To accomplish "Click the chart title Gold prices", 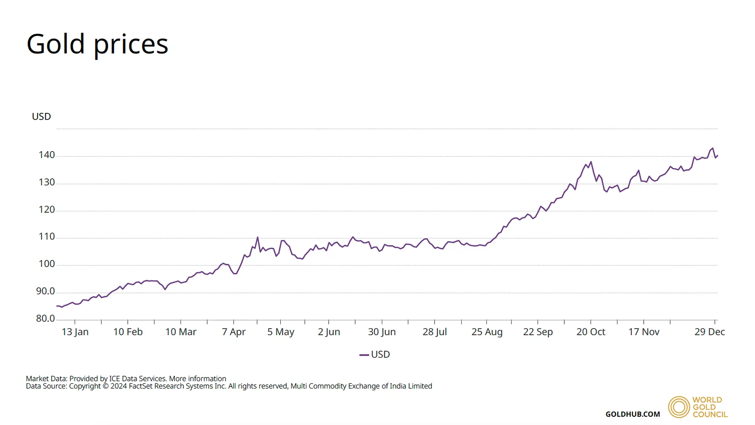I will click(x=97, y=44).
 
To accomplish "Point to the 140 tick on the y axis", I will click(x=46, y=155).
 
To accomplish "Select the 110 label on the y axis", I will click(x=46, y=237).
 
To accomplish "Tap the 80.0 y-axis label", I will click(x=45, y=318).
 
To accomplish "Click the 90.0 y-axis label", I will click(x=45, y=291).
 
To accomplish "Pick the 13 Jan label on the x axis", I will click(x=75, y=332).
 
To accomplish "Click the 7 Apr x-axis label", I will click(x=234, y=332).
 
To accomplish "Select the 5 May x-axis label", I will click(x=281, y=332).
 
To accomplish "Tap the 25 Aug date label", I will click(x=487, y=332).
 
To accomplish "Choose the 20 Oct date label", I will click(x=591, y=332).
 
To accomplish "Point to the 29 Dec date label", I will click(x=709, y=332).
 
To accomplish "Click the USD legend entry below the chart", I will click(x=375, y=355).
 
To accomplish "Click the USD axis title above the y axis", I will click(x=41, y=116).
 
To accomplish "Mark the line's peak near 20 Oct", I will click(x=591, y=162).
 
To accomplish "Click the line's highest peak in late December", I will click(x=713, y=148).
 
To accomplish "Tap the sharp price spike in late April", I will click(x=258, y=237).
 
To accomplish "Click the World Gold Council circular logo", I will click(x=679, y=407).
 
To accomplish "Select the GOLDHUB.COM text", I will click(x=633, y=414).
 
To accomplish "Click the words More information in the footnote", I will click(x=197, y=379).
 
